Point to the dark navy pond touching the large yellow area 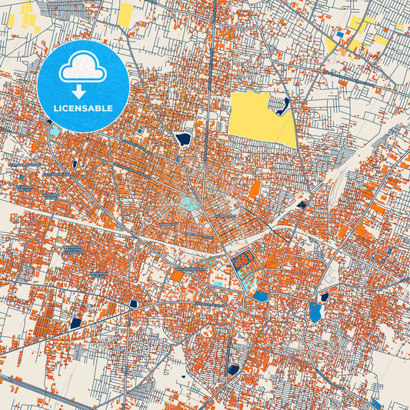coord(284,105)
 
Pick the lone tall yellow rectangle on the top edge coord(125,13)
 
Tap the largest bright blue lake coord(315,312)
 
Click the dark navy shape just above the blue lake coord(324,297)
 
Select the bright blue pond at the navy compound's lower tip coord(262,295)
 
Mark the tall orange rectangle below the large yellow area coord(254,189)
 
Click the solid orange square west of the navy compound coord(178,275)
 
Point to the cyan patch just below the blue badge coord(55,130)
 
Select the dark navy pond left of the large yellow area coord(183,139)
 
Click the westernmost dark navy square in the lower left coord(75,323)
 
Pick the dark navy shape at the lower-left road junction coord(134,304)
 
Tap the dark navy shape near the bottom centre coord(233,370)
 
